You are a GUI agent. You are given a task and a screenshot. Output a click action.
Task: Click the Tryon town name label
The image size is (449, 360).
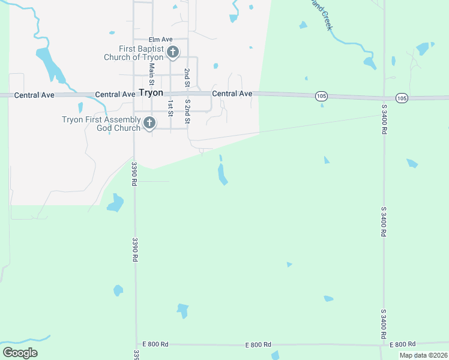pos(151,93)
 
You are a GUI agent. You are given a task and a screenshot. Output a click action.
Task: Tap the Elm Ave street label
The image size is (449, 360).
pos(160,40)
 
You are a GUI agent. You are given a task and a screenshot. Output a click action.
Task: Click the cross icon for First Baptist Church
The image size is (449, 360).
pos(173,52)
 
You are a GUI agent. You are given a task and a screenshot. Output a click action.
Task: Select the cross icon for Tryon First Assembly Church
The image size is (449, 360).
pos(149,124)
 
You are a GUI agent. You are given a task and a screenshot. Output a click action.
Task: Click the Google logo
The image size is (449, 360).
pos(20,353)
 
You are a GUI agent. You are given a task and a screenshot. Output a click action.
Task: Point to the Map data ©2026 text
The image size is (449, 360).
pos(423,355)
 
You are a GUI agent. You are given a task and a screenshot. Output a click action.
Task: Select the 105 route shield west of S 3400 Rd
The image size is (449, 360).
pos(322,96)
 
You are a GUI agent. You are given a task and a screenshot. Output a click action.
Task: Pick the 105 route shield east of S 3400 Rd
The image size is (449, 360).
pos(402,98)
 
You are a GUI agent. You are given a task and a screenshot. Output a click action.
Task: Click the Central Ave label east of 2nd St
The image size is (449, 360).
pos(232,94)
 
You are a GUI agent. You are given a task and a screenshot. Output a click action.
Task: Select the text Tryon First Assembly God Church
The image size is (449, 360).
pos(101,124)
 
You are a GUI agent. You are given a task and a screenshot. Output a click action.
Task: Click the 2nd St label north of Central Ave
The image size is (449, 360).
pos(187,79)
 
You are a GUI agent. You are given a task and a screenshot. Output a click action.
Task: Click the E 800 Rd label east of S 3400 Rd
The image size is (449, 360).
pos(402,344)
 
